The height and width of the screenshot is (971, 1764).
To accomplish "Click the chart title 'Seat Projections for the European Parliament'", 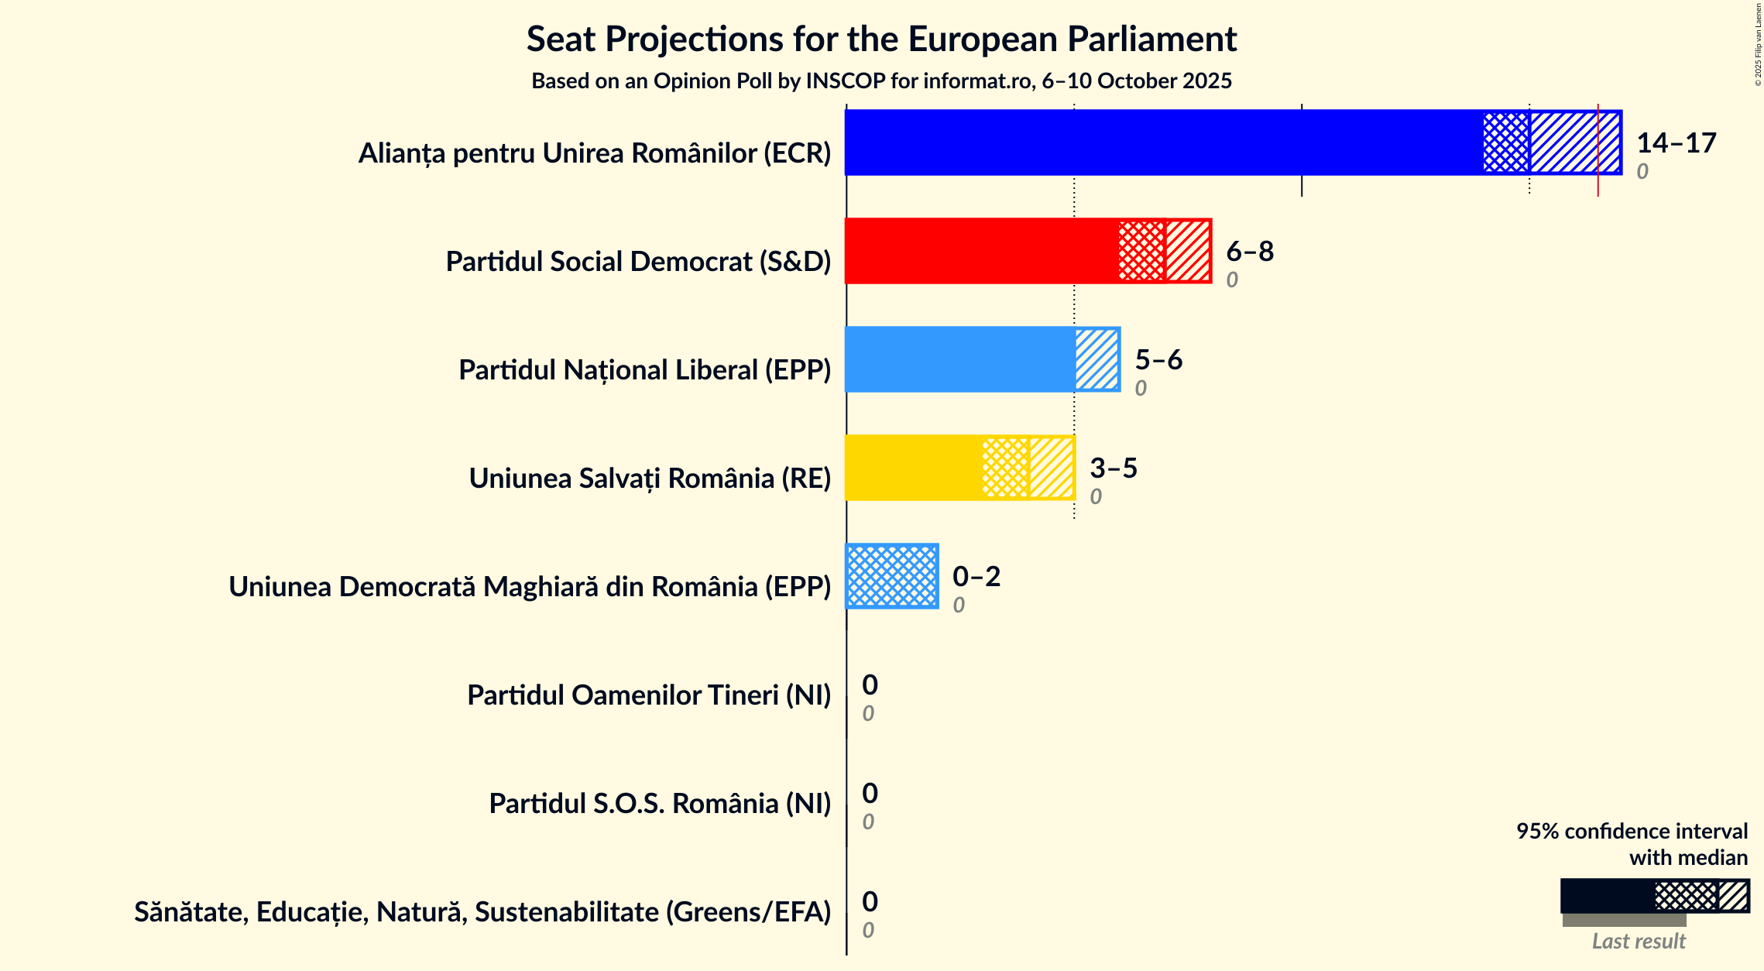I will pyautogui.click(x=881, y=39).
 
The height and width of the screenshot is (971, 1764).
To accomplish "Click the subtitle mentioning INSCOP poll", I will pyautogui.click(x=881, y=81).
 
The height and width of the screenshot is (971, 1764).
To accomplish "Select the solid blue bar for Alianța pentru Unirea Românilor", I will pyautogui.click(x=1162, y=142).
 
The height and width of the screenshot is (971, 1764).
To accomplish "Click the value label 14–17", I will pyautogui.click(x=1676, y=143).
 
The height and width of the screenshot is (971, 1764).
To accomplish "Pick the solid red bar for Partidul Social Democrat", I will pyautogui.click(x=980, y=251).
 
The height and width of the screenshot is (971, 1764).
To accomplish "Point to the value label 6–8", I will pyautogui.click(x=1249, y=252).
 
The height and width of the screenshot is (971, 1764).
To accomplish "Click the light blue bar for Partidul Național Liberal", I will pyautogui.click(x=959, y=359).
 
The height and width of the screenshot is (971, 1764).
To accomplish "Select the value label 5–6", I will pyautogui.click(x=1158, y=360).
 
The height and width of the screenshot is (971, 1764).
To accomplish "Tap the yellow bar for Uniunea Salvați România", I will pyautogui.click(x=912, y=468).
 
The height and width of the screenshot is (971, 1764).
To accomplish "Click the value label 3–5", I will pyautogui.click(x=1113, y=468).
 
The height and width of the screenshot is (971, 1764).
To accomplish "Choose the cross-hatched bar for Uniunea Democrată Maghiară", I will pyautogui.click(x=891, y=576).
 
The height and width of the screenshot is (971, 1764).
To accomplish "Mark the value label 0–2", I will pyautogui.click(x=976, y=577).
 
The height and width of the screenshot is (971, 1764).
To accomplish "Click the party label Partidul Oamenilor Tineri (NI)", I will pyautogui.click(x=648, y=695).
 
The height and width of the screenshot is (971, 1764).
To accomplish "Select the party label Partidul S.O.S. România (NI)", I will pyautogui.click(x=659, y=804).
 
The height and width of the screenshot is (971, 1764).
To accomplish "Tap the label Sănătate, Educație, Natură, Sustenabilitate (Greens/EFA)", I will pyautogui.click(x=482, y=912).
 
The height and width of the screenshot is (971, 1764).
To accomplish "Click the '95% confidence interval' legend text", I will pyautogui.click(x=1631, y=832).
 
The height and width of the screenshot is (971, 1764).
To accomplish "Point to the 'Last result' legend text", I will pyautogui.click(x=1638, y=942).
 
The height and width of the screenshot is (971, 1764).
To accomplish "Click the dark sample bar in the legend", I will pyautogui.click(x=1607, y=896).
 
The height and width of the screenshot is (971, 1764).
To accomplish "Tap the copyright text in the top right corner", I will pyautogui.click(x=1758, y=45).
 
